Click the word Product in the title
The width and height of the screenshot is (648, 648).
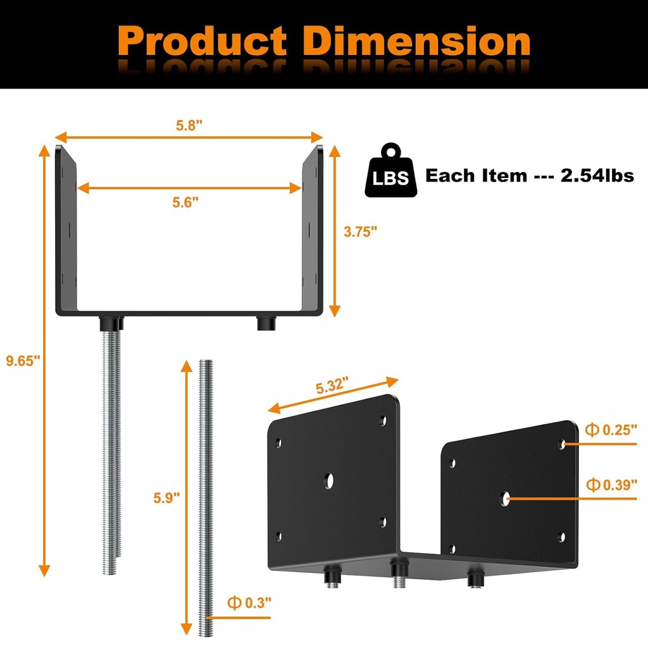pos(202,41)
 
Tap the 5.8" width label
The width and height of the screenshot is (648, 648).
pos(189,125)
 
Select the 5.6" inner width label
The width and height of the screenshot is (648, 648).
pos(185,202)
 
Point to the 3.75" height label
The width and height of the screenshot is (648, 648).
pos(360,232)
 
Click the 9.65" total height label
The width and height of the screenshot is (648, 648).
pos(23,360)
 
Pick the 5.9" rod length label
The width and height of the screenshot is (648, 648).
pos(166,497)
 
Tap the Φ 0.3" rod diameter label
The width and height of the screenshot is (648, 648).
pos(249,602)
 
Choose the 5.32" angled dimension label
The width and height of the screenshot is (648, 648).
pos(332,385)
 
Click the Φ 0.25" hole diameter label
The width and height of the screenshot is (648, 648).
pos(611,430)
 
